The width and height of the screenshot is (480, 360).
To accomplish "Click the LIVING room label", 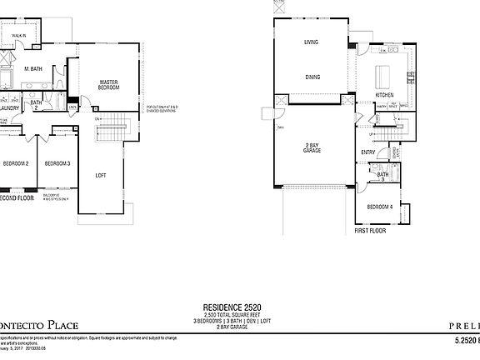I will (312, 41).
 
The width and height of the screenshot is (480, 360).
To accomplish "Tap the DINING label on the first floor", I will (312, 77).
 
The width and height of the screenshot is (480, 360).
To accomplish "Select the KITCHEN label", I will (384, 95).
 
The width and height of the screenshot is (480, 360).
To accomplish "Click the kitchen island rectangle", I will (385, 76).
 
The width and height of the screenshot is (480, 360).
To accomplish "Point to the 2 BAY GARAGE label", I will (312, 147).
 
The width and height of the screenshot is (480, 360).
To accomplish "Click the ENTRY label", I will (367, 152).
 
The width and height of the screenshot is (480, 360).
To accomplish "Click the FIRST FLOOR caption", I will (372, 229).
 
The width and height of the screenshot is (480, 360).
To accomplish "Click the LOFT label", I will (101, 175).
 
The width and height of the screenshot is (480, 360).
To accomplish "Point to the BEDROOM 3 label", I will (57, 162).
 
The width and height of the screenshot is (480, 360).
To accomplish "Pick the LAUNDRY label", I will (10, 107).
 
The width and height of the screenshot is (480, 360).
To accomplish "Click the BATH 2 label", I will (37, 105).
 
